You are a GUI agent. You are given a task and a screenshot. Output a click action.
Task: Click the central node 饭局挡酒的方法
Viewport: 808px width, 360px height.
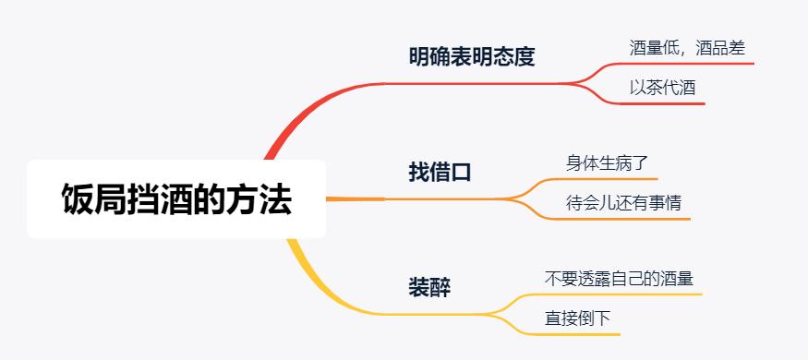coord(176,199)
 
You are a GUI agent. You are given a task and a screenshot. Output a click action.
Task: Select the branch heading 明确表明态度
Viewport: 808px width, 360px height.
coord(471,57)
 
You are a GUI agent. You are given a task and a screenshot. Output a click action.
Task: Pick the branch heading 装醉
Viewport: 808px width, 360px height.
coord(429,286)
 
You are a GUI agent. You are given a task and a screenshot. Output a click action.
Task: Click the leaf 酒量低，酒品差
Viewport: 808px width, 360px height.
coord(686,47)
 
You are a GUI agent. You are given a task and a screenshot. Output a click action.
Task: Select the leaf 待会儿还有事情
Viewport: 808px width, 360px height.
coord(623,201)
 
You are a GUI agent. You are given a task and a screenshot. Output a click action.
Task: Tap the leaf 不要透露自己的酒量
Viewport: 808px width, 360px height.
coord(619,277)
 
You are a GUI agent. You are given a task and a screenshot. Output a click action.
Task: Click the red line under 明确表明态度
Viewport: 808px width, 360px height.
coord(471,83)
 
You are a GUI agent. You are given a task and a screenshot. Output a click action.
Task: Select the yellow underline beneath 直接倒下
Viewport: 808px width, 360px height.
coord(580,333)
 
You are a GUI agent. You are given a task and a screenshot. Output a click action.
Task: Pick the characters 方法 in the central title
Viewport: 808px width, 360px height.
coord(269,199)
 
